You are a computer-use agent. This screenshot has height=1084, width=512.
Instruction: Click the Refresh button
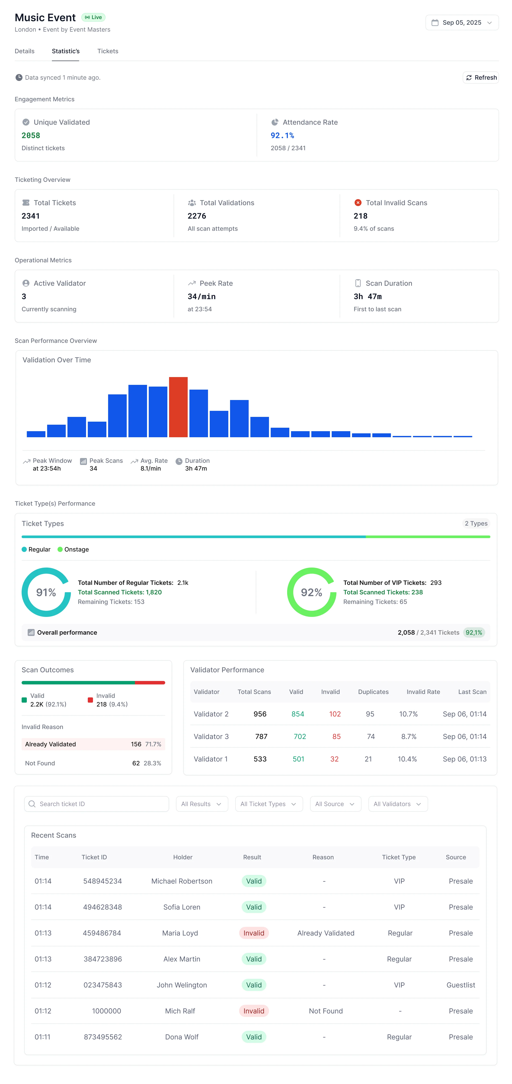point(481,77)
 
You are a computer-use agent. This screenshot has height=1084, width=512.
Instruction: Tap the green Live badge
point(93,17)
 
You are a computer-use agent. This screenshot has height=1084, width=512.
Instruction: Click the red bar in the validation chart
point(178,407)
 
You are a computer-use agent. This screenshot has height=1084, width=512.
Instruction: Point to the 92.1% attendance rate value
point(282,135)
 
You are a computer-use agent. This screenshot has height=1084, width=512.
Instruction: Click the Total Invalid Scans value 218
point(360,216)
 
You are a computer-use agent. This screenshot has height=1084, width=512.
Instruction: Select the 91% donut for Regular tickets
point(46,592)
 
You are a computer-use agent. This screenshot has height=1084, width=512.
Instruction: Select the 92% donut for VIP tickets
point(312,592)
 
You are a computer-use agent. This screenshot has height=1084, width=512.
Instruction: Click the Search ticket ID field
point(97,804)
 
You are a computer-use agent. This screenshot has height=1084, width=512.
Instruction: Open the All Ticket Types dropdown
point(269,804)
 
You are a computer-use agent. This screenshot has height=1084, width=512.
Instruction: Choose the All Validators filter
point(398,804)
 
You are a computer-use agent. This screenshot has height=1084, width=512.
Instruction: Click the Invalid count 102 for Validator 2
point(335,714)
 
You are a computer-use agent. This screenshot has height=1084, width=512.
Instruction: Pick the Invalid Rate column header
point(423,692)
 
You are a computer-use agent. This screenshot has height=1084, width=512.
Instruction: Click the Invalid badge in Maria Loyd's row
point(254,933)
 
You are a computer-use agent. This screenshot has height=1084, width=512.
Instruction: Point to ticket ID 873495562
point(103,1037)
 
